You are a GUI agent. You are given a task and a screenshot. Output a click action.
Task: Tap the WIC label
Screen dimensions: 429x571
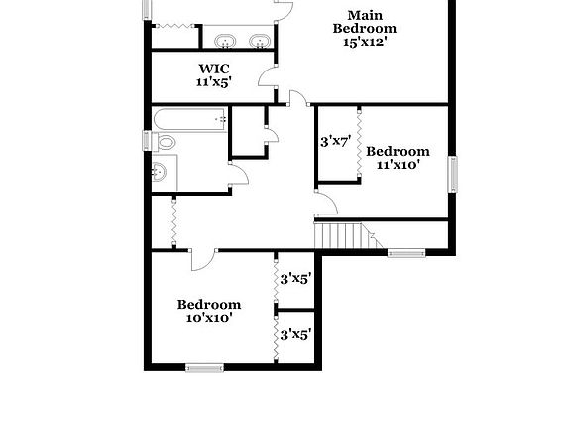(213, 70)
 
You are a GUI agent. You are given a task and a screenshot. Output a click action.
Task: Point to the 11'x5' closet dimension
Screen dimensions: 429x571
(213, 83)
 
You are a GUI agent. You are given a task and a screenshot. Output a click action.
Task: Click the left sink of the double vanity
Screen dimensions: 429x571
(225, 41)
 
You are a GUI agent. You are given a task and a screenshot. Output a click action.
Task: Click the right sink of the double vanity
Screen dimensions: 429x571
(259, 41)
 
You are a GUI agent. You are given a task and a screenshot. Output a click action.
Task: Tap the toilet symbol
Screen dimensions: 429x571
(163, 143)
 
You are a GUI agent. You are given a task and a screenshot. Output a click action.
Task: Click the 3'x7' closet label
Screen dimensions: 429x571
(335, 142)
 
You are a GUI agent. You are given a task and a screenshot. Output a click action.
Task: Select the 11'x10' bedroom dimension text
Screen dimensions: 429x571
(398, 165)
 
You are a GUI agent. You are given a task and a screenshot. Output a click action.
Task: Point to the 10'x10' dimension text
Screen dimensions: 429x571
(208, 318)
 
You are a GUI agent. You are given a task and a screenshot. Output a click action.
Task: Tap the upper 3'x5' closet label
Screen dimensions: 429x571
(295, 279)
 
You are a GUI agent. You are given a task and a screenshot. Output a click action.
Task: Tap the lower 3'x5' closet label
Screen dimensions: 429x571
(295, 335)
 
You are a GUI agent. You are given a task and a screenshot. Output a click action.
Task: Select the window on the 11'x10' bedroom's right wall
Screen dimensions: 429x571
(454, 175)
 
